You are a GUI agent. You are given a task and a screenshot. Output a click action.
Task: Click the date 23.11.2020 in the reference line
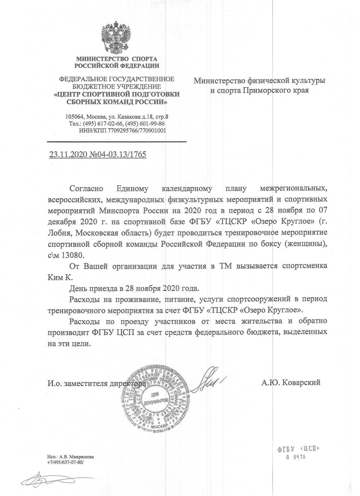point(68,155)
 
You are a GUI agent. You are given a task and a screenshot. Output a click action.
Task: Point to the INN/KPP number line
point(122,131)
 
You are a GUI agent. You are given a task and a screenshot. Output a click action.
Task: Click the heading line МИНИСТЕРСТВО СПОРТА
point(116,59)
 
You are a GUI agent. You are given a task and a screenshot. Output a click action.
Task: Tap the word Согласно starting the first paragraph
point(86,189)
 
